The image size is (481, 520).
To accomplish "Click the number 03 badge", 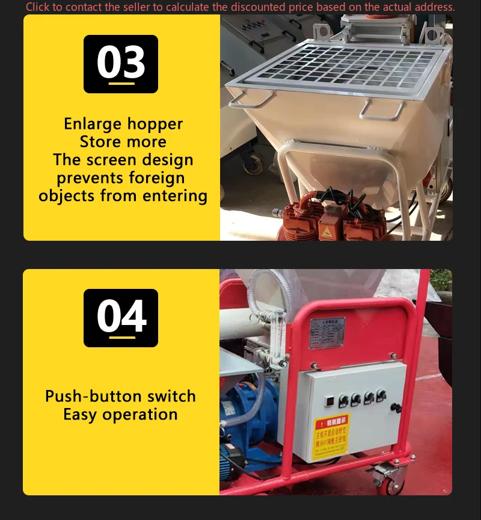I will pyautogui.click(x=121, y=64).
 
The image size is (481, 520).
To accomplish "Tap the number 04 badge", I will pyautogui.click(x=121, y=318).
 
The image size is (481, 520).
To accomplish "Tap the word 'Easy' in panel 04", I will pyautogui.click(x=81, y=415).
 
